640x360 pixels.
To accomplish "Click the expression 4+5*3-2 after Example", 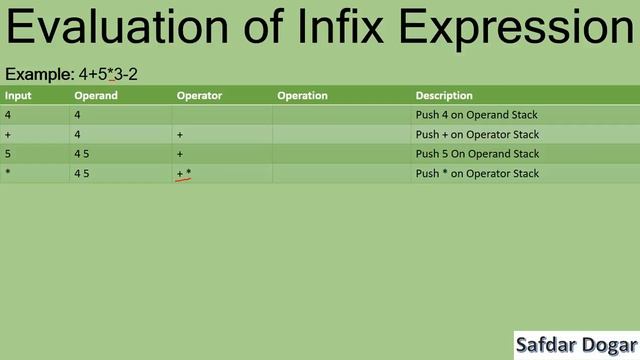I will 108,74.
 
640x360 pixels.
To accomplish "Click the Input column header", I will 17,96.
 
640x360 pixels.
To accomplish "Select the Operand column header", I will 96,96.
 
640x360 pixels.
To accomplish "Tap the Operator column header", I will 199,96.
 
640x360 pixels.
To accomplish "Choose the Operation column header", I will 302,96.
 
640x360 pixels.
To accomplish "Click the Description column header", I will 444,96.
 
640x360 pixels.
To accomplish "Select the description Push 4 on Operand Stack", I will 476,115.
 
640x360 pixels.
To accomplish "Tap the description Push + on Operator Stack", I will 477,134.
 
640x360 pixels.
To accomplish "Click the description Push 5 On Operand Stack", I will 477,154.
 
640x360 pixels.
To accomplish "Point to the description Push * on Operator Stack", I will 477,173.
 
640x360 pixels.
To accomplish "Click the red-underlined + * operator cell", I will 184,174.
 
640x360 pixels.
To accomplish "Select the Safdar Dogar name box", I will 576,346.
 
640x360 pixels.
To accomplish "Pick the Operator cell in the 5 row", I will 180,154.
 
